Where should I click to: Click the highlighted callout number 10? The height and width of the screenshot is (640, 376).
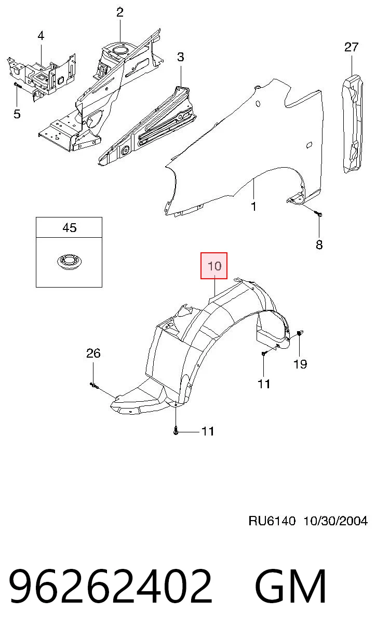coord(214,266)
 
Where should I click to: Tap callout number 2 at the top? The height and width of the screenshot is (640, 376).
coord(120,12)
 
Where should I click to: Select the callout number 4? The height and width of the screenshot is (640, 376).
coord(41,36)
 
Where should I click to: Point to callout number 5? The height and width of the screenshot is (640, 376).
coord(17,114)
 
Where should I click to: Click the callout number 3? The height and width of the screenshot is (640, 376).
coord(180,57)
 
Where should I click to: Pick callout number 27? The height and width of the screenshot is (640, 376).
coord(352,47)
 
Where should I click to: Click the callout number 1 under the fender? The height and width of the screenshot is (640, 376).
coord(253,207)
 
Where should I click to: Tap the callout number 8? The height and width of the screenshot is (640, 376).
coord(319,244)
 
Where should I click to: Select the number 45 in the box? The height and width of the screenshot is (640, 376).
coord(70,228)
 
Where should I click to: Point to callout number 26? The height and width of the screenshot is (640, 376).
coord(93,353)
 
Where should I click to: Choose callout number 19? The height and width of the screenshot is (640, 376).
coord(300,364)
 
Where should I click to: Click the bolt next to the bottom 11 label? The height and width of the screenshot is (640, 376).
coord(176,431)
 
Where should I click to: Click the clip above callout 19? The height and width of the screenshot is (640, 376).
coord(300,333)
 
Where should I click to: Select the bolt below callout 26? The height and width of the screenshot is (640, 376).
coord(94,386)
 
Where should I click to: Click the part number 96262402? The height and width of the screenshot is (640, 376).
coord(111,586)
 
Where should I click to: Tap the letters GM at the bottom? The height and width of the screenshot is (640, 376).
coord(290,586)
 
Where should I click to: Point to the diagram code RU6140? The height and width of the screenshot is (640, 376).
coord(272,521)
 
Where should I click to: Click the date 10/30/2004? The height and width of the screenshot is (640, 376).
coord(335,521)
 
